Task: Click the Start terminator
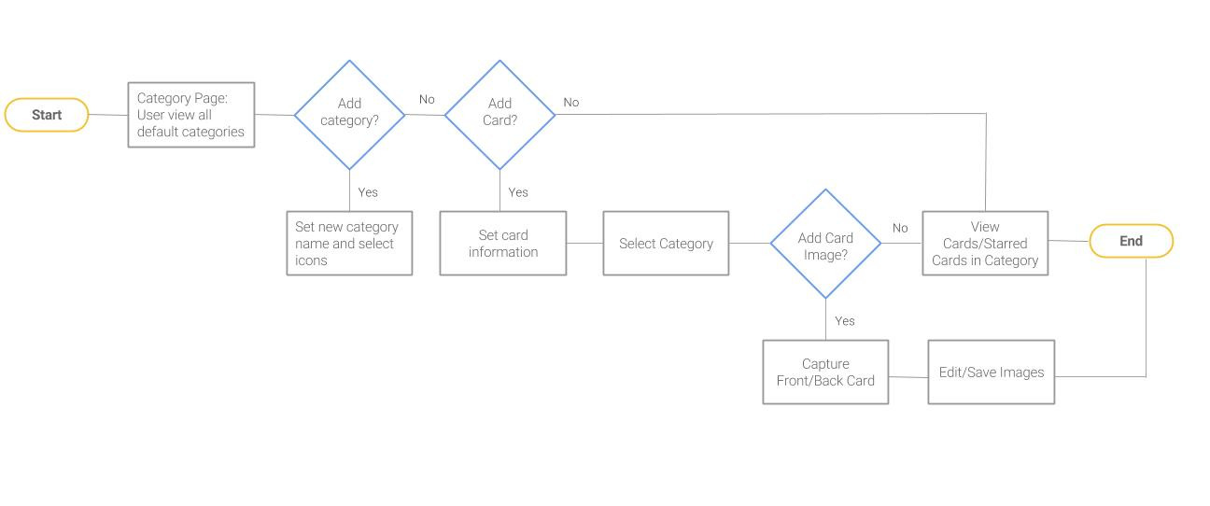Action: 47,115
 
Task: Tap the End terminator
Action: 1132,241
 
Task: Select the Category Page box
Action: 191,115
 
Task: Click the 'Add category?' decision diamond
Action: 349,115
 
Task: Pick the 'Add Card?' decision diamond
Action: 499,115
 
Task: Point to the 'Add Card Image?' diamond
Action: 825,244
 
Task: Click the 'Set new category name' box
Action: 349,243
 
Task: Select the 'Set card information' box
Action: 503,243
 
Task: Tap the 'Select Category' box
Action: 666,243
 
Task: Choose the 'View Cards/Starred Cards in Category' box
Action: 985,243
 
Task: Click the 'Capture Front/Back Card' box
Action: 825,372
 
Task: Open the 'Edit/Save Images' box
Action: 992,372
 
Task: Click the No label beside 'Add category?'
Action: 427,99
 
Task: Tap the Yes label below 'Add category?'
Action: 368,192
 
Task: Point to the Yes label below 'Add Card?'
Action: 518,192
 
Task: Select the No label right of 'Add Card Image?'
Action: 900,228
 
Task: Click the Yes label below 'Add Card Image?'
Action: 845,321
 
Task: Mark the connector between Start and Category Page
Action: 108,115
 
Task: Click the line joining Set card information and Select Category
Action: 585,243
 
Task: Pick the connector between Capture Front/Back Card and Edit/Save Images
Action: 908,377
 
